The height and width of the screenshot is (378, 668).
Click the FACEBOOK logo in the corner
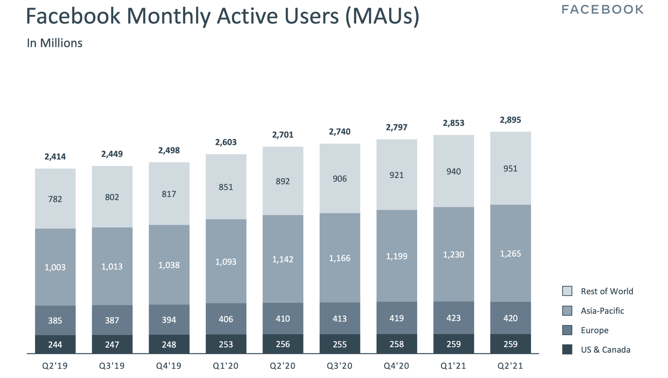[x=602, y=10]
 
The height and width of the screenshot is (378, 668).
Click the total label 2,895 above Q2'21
[x=510, y=120]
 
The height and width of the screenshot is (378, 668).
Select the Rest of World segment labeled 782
[x=55, y=199]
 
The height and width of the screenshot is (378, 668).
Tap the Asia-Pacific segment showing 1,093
[x=226, y=262]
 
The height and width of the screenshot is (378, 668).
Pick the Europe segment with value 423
[x=453, y=318]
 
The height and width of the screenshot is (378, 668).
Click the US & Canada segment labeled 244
[x=55, y=344]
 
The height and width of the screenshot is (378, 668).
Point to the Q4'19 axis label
[x=169, y=366]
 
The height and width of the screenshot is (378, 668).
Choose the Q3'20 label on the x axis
[x=340, y=366]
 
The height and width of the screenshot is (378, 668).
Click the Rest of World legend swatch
[x=567, y=291]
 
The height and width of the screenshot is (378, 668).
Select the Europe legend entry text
[x=595, y=330]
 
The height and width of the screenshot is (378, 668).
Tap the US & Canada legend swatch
[x=567, y=350]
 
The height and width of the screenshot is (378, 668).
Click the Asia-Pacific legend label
[x=602, y=311]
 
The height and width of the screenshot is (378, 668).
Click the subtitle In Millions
[x=54, y=43]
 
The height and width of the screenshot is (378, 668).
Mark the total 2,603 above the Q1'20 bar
[x=226, y=142]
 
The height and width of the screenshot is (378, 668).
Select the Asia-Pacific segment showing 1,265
[x=510, y=254]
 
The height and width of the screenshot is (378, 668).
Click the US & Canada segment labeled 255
[x=340, y=344]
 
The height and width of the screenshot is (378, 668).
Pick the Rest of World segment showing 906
[x=340, y=179]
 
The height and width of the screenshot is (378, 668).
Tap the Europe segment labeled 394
[x=169, y=320]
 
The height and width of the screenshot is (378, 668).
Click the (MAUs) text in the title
[x=382, y=16]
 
